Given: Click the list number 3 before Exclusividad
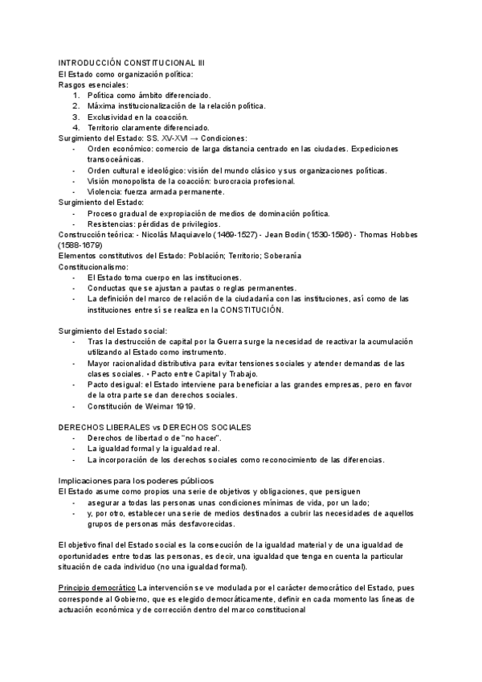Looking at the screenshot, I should pyautogui.click(x=76, y=116).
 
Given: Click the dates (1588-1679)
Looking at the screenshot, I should pyautogui.click(x=80, y=244).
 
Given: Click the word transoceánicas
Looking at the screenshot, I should pyautogui.click(x=115, y=159).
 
